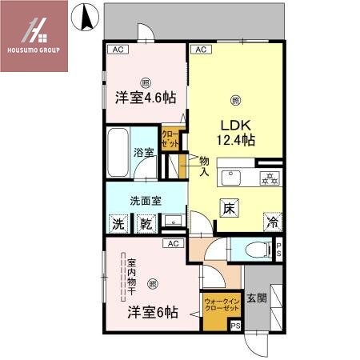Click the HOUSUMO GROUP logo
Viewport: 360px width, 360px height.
coord(35,35)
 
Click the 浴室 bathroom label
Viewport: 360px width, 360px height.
coord(144,152)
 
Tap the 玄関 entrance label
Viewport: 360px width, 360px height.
coord(256,298)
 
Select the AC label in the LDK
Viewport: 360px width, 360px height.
coord(201,50)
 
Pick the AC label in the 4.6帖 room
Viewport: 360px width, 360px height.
coord(118,50)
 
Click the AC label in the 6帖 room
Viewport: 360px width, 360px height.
coord(172,243)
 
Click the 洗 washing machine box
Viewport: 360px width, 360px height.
coord(118,226)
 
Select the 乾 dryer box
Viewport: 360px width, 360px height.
coord(147,226)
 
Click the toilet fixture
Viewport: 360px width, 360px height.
coord(255,250)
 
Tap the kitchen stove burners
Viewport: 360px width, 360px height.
coord(270,178)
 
